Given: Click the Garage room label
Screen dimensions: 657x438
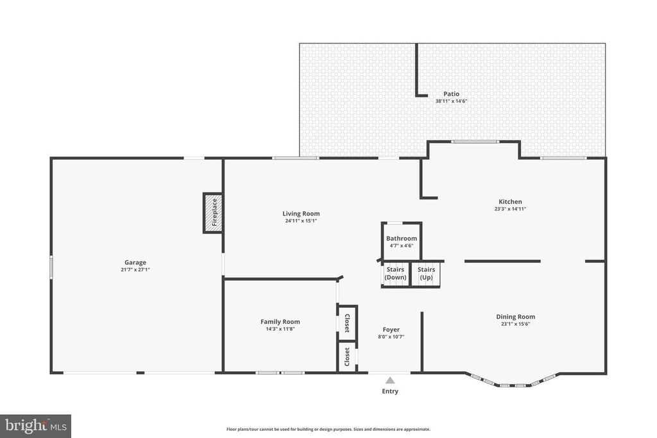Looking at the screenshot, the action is tap(135, 262).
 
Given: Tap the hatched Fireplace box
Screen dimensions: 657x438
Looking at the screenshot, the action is tap(213, 213).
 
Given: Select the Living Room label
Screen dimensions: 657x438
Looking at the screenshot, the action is tap(301, 214).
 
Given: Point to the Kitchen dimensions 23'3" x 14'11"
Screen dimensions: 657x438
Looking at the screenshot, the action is tap(510, 208).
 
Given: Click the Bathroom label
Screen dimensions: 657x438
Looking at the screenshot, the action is tap(402, 239).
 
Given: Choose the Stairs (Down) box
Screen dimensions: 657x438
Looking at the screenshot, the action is tap(395, 274).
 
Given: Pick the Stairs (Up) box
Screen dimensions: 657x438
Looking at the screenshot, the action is tap(426, 274).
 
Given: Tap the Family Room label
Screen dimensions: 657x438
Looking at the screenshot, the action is tap(280, 321).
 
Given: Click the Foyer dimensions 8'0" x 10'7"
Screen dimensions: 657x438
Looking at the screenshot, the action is tap(391, 337).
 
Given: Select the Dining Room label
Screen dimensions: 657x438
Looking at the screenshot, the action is tap(515, 317).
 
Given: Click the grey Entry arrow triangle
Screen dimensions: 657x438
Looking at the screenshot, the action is tap(390, 380).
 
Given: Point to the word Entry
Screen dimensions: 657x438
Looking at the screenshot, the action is tap(390, 391).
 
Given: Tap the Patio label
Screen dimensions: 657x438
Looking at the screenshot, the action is tap(451, 94).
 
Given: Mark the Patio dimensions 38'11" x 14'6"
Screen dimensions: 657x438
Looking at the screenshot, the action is tap(451, 101).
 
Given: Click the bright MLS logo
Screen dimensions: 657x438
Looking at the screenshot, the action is tap(36, 426).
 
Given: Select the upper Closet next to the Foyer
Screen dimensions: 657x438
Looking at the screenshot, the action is tap(347, 323).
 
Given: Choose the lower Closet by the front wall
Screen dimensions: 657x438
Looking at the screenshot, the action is tap(347, 357).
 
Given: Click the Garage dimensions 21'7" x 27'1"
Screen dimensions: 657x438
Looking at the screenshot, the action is tap(135, 270).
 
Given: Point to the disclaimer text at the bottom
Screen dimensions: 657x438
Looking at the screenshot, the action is tap(328, 429).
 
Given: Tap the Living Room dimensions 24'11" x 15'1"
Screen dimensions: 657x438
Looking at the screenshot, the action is tap(301, 221).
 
